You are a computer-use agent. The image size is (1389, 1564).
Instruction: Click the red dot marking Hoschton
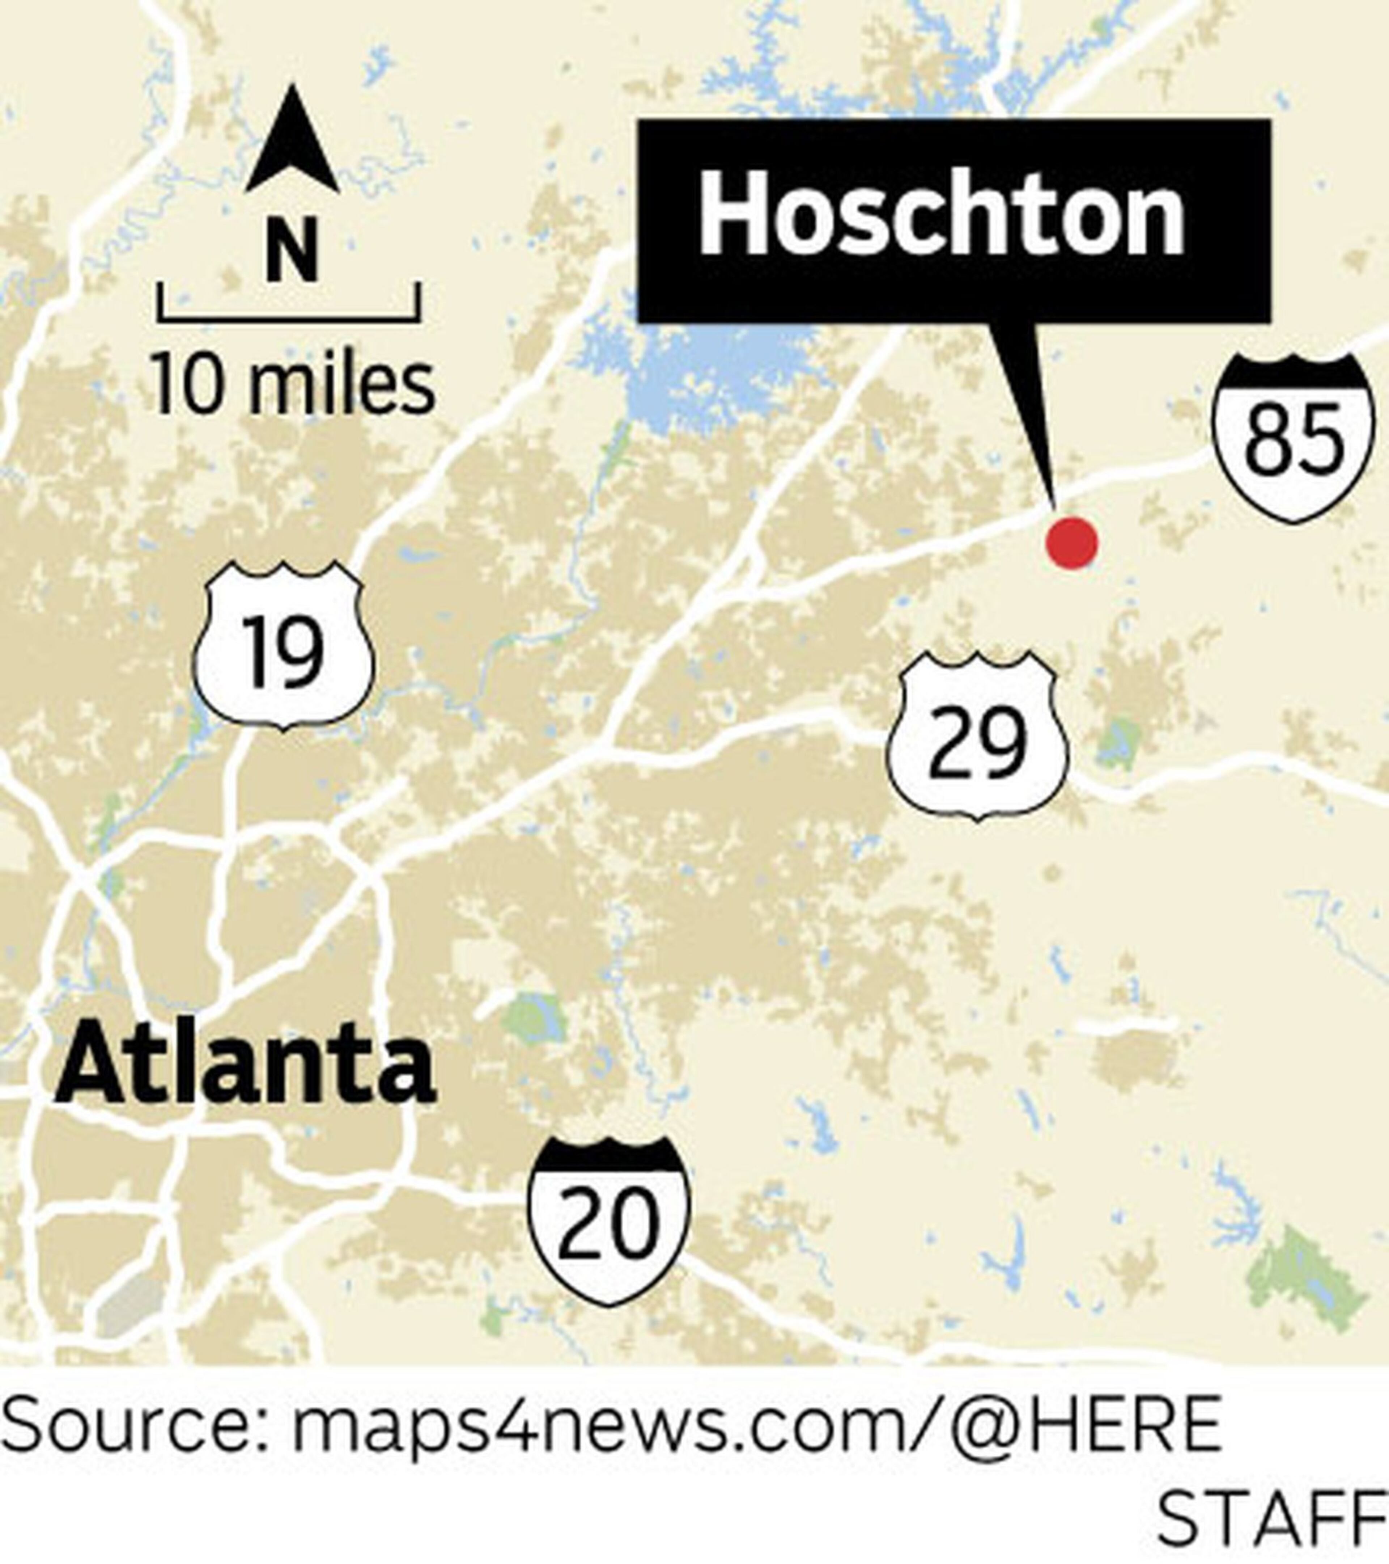point(1071,543)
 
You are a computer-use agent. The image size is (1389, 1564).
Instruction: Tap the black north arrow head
point(293,142)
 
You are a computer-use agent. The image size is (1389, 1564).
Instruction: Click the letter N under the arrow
point(292,250)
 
